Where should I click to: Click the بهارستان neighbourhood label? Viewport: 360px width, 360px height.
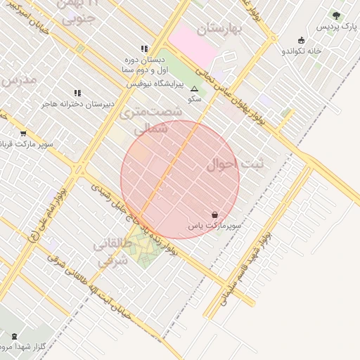pyautogui.click(x=219, y=28)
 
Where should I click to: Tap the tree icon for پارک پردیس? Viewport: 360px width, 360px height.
pyautogui.click(x=336, y=15)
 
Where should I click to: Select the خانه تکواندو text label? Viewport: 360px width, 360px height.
pyautogui.click(x=302, y=51)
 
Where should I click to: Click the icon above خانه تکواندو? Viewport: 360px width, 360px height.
pyautogui.click(x=302, y=40)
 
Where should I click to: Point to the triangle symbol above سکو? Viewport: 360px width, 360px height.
pyautogui.click(x=195, y=89)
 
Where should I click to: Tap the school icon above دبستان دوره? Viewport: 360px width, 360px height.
pyautogui.click(x=144, y=49)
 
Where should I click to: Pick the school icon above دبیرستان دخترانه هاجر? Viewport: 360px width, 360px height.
pyautogui.click(x=77, y=93)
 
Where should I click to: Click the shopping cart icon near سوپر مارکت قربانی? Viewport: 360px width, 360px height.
pyautogui.click(x=23, y=133)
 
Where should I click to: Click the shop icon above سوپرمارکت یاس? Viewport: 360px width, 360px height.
pyautogui.click(x=214, y=214)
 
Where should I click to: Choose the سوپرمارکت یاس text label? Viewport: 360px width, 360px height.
pyautogui.click(x=214, y=226)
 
